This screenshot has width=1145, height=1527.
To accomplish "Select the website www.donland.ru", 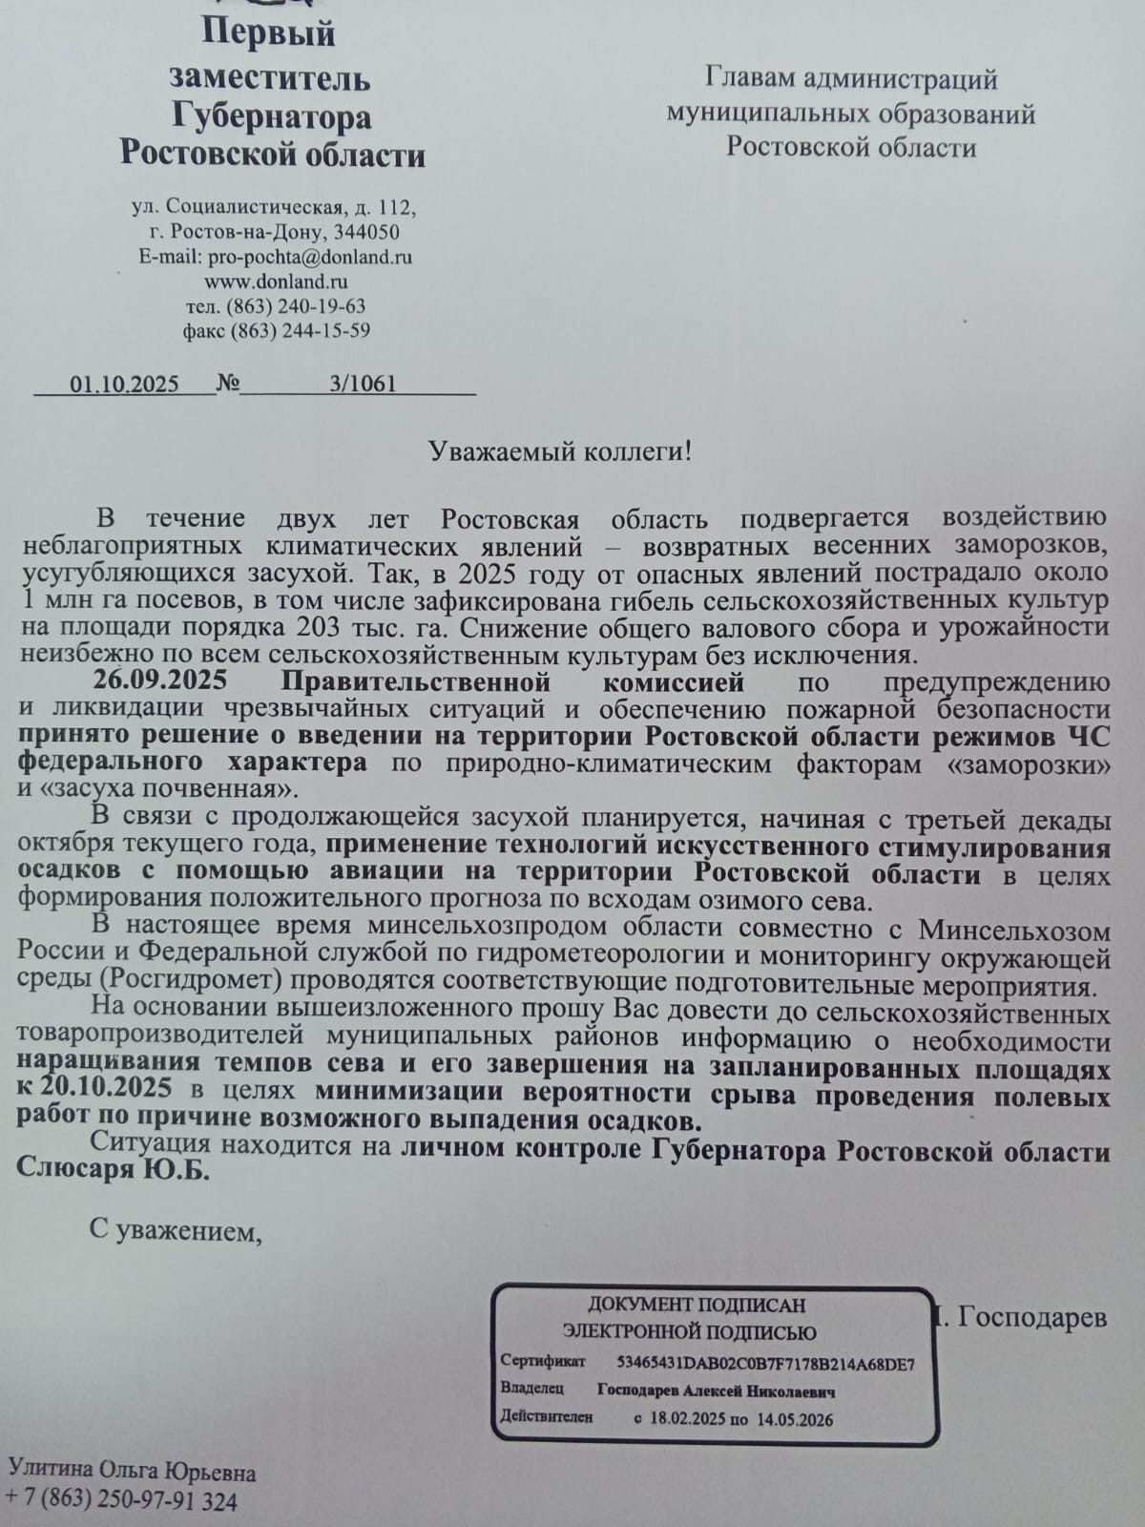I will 276,282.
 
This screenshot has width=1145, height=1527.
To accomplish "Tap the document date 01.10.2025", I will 124,385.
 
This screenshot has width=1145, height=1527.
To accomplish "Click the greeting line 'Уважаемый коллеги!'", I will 559,450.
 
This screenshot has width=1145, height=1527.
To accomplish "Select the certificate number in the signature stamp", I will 765,1364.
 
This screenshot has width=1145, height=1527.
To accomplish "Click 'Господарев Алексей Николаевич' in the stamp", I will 717,1391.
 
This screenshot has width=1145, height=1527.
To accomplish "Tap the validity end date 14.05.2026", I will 795,1419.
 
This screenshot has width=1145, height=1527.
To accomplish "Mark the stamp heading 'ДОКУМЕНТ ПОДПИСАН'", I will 696,1305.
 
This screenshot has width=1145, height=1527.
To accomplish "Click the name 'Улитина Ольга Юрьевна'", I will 132,1473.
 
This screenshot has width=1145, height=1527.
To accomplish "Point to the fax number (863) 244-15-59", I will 297,331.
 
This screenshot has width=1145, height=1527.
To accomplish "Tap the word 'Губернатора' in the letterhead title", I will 272,116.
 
